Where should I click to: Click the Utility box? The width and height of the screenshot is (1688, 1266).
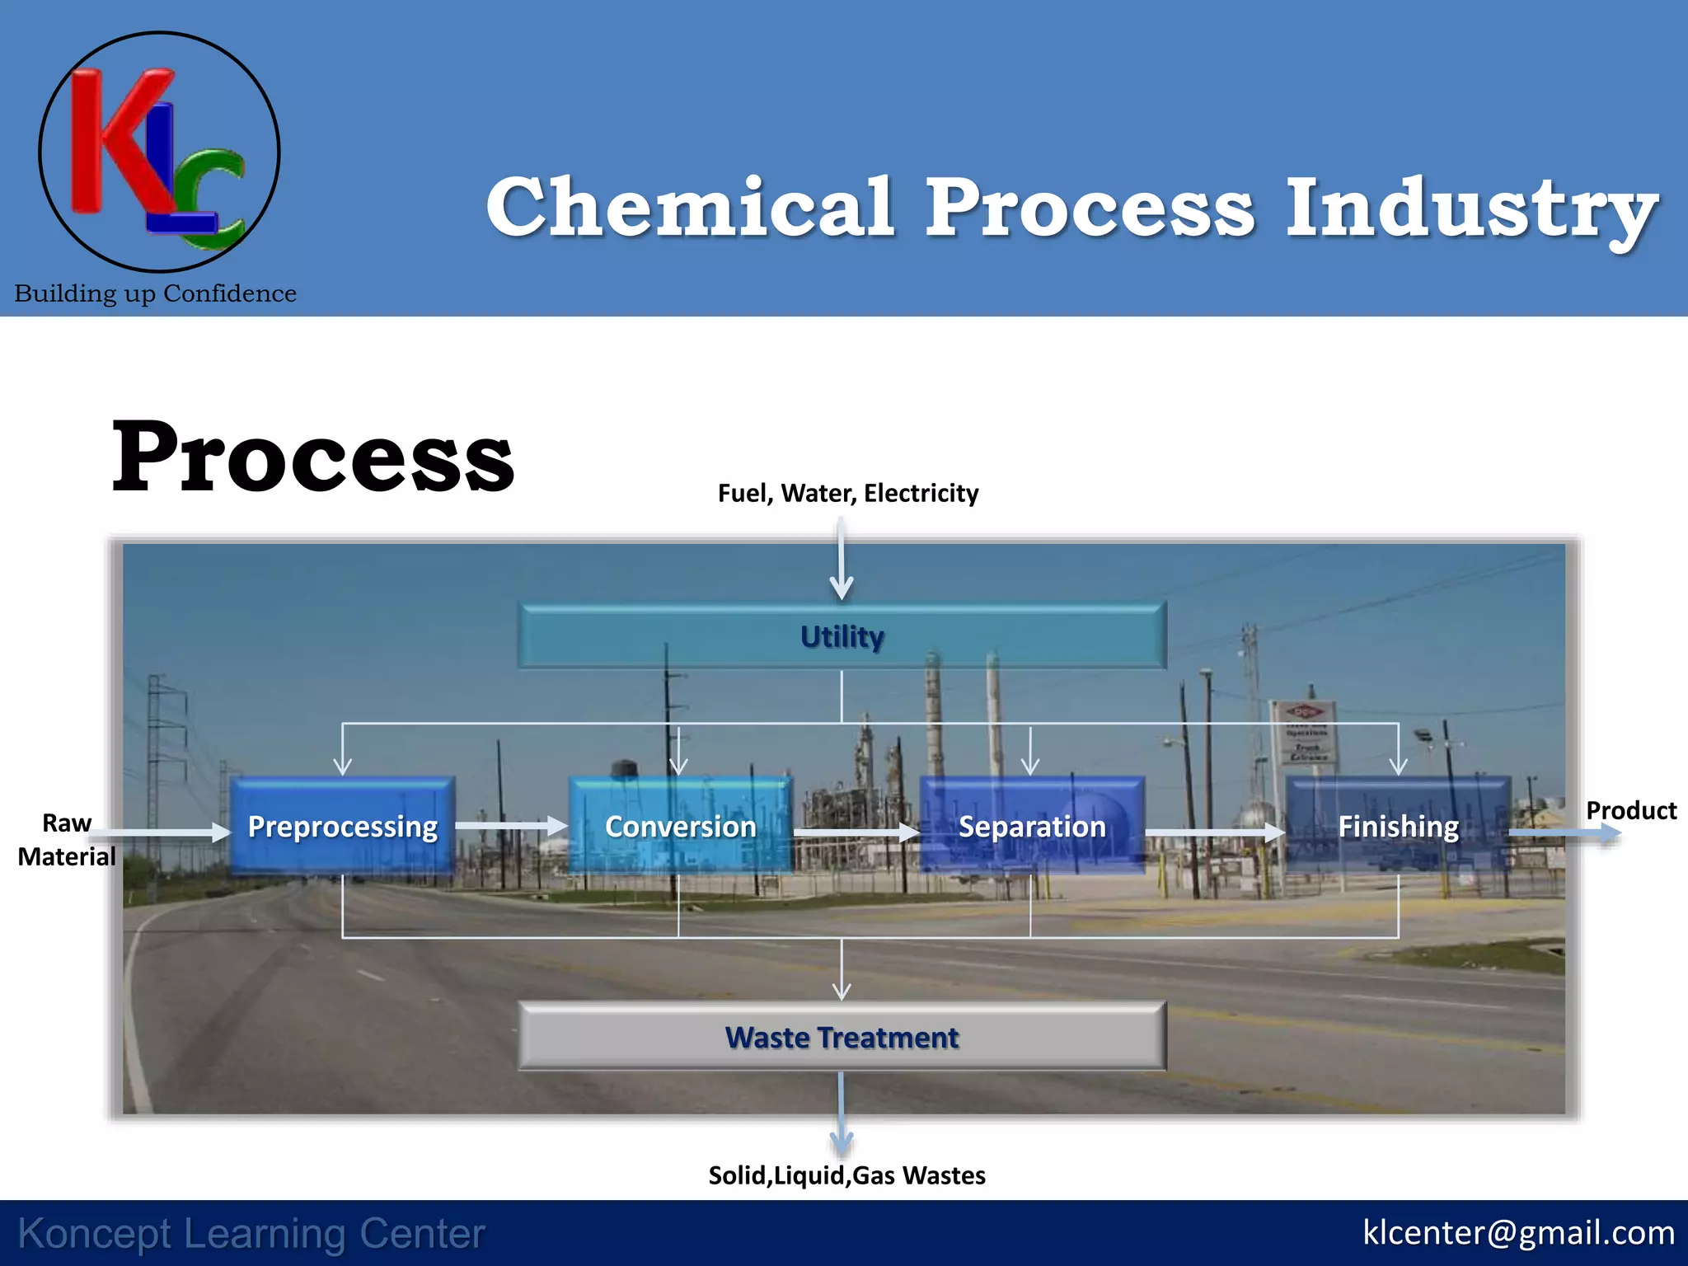point(842,636)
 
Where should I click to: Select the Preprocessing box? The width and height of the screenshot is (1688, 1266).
point(343,826)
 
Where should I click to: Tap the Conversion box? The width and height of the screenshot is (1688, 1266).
point(681,826)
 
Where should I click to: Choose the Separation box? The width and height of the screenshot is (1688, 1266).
point(1032,826)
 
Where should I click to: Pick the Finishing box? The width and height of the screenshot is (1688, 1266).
point(1398,826)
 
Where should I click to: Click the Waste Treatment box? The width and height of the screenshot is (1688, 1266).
point(842,1037)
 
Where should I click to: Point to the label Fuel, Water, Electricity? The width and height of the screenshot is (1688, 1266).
point(848,493)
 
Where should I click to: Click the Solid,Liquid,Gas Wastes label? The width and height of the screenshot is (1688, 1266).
point(846,1175)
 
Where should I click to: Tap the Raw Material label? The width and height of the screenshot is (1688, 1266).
point(66,840)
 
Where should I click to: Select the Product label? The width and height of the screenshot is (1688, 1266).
point(1631,811)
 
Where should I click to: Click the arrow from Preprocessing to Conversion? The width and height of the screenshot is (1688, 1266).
point(511,826)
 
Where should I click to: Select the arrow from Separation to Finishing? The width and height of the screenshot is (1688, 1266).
point(1214,832)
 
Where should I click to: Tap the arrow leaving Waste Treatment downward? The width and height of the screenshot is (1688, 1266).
point(842,1113)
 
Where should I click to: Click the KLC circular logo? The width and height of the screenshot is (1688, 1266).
point(159,152)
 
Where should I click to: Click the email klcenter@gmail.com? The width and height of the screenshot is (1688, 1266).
point(1518,1233)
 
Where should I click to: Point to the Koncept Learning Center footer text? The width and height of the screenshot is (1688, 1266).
point(251,1234)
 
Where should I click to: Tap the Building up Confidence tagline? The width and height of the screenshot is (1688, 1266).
point(155,293)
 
